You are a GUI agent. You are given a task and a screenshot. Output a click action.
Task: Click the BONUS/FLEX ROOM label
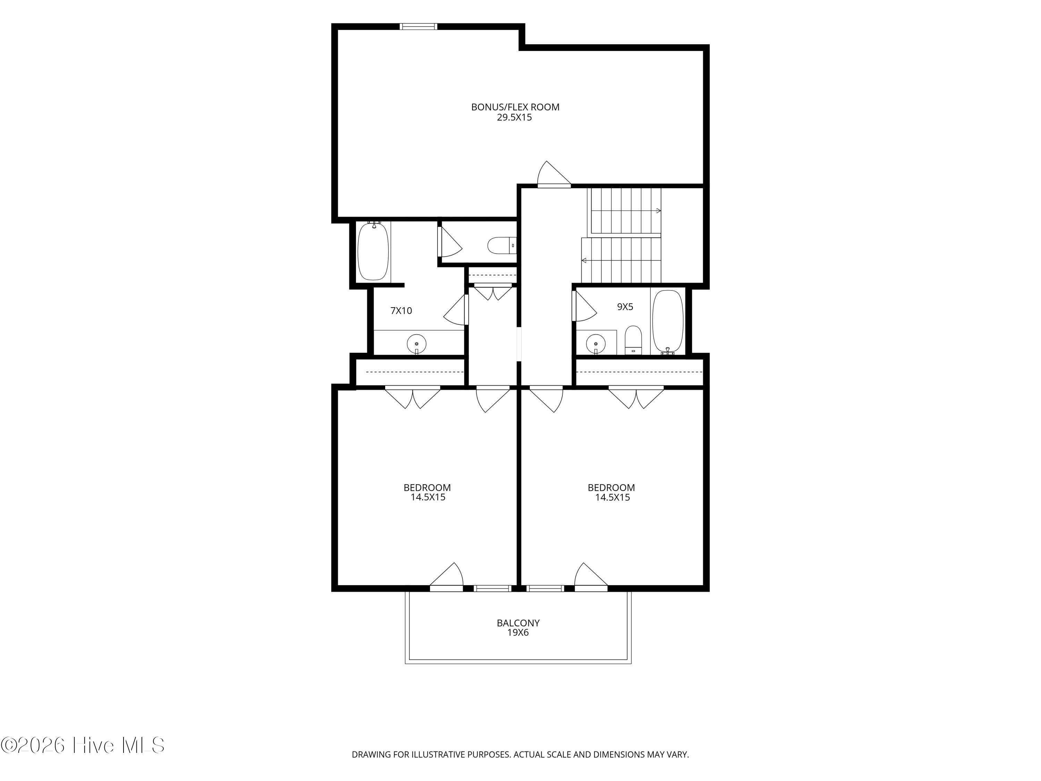point(515,107)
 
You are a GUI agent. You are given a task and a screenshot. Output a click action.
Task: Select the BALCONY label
point(518,623)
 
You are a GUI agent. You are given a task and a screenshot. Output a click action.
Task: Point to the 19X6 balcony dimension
point(518,633)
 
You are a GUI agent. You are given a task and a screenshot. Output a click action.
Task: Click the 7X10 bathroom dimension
point(401,311)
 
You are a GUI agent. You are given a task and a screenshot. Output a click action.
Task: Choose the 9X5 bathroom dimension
point(625,307)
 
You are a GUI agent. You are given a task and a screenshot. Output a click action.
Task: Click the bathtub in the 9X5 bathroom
point(668,322)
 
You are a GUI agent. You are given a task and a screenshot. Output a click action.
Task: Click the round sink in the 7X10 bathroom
point(416,343)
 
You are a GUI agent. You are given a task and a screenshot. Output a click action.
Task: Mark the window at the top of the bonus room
point(418,27)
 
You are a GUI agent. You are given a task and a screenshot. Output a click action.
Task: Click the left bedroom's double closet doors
point(413,397)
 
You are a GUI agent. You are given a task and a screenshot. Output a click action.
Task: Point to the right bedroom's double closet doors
point(636,397)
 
